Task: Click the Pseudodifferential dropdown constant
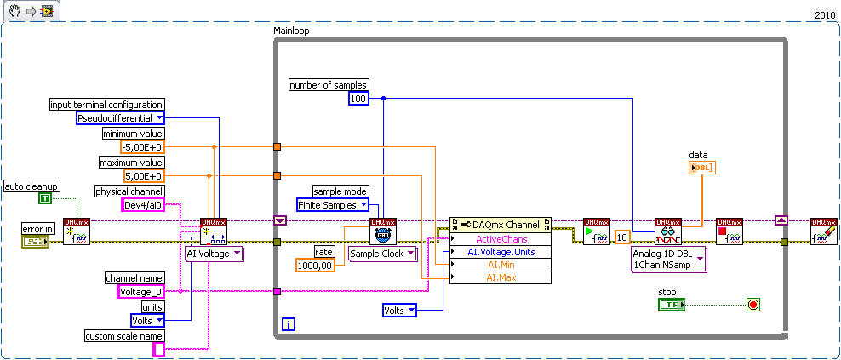(x=120, y=118)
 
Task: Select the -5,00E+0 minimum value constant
(x=141, y=147)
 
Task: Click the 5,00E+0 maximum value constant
(x=141, y=176)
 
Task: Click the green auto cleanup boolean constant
(x=44, y=198)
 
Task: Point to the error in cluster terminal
(x=35, y=243)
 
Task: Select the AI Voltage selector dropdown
(x=215, y=253)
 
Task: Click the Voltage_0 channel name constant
(x=138, y=292)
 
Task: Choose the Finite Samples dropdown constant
(x=333, y=205)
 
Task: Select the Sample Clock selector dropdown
(x=382, y=254)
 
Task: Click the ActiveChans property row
(x=501, y=239)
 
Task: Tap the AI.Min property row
(x=501, y=265)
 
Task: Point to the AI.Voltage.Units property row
(x=501, y=252)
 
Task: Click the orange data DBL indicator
(x=702, y=168)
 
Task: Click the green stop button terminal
(x=672, y=304)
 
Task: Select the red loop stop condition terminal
(x=752, y=304)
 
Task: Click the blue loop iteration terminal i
(x=289, y=324)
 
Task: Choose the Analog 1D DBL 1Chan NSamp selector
(x=668, y=260)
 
